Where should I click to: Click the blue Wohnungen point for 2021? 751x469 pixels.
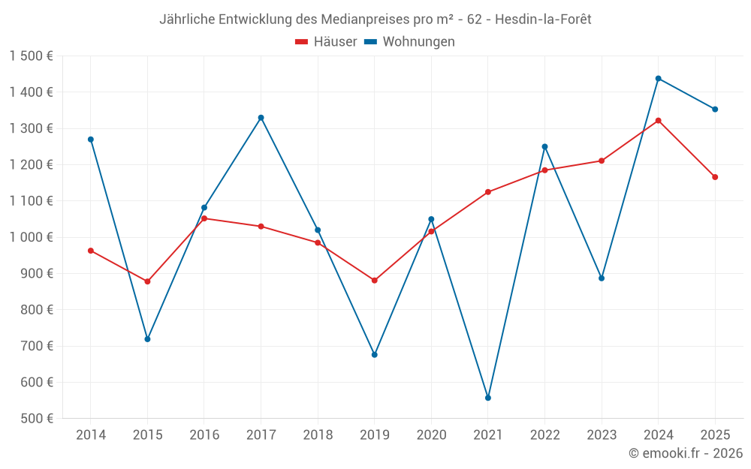tap(488, 398)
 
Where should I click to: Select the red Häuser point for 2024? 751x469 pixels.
tap(659, 121)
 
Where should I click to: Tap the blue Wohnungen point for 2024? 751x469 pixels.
tap(659, 79)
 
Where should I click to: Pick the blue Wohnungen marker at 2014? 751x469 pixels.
tap(91, 140)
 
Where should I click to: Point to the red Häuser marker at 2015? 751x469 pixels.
tap(147, 281)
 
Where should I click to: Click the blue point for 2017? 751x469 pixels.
tap(261, 118)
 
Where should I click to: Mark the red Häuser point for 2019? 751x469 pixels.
tap(375, 281)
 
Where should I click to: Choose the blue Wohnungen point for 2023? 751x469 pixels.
tap(602, 278)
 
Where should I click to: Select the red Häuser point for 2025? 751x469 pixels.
tap(715, 177)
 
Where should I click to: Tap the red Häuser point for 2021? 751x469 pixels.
tap(488, 192)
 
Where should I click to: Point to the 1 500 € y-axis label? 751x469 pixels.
tap(31, 56)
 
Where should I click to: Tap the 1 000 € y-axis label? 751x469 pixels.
tap(31, 237)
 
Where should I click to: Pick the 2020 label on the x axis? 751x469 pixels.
tap(431, 435)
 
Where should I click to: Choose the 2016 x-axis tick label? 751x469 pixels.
tap(204, 435)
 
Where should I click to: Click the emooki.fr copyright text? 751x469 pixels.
tap(685, 453)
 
